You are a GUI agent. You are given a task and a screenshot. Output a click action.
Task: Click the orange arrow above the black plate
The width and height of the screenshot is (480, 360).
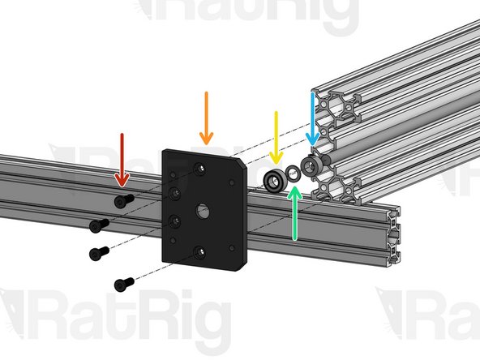click(207, 118)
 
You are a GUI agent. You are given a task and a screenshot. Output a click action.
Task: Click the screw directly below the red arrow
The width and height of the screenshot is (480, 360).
click(123, 200)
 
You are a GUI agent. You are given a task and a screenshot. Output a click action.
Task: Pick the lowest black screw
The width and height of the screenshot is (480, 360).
click(123, 283)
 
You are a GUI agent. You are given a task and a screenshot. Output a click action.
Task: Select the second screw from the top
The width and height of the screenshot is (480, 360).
click(98, 224)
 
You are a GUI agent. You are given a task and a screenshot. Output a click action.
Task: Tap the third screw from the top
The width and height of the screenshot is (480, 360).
click(98, 253)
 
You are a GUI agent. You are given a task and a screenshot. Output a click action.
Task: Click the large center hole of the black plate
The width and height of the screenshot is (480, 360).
click(201, 210)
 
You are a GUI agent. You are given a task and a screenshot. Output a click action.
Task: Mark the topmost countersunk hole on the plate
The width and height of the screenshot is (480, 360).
click(199, 169)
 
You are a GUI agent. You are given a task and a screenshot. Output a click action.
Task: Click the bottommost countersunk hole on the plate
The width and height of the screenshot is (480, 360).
click(199, 251)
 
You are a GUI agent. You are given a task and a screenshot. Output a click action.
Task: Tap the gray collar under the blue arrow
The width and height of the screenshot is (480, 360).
click(310, 167)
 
